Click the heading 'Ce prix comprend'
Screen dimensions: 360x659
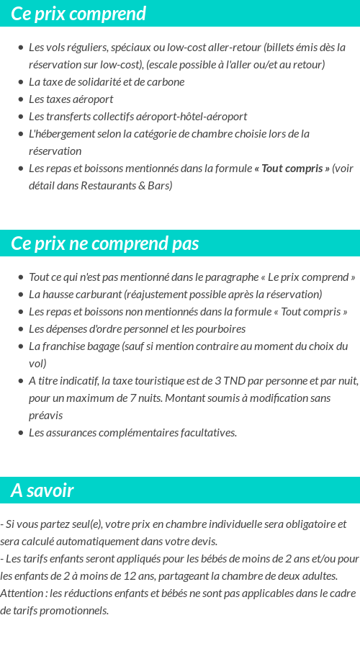(78, 14)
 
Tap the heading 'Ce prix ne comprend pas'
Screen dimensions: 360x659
(105, 243)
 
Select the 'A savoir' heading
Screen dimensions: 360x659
(42, 490)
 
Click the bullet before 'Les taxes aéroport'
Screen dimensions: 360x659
(21, 99)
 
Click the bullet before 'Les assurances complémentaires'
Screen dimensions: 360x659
(21, 433)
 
